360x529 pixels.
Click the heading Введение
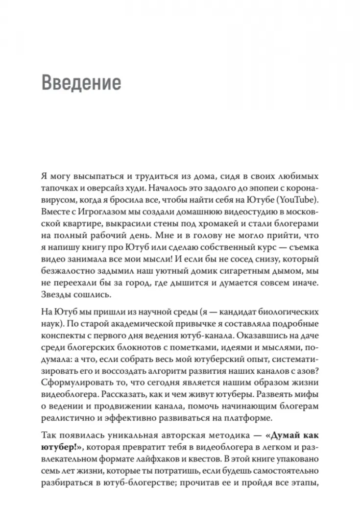point(81,82)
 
